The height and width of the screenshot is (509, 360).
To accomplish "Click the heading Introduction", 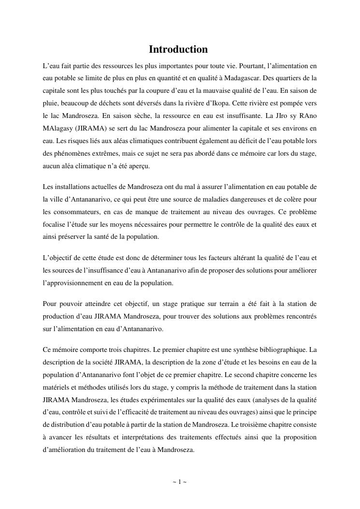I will point(178,49).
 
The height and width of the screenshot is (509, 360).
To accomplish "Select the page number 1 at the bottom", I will point(179,481).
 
